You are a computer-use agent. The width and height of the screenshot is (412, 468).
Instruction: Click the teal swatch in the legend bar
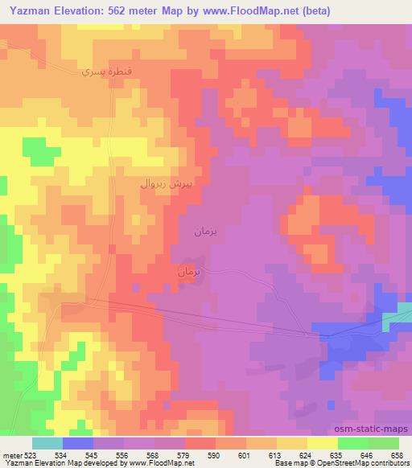(x=47, y=442)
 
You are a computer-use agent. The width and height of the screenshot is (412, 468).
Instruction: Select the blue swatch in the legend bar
(x=78, y=442)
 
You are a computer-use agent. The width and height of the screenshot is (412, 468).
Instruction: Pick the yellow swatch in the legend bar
(x=323, y=442)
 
